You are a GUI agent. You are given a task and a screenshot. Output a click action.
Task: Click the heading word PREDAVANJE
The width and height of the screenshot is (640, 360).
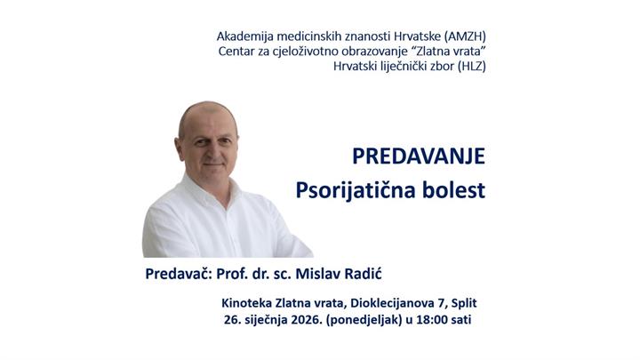click(418, 156)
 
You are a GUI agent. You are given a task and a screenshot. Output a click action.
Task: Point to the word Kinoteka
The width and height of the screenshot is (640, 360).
click(252, 303)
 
